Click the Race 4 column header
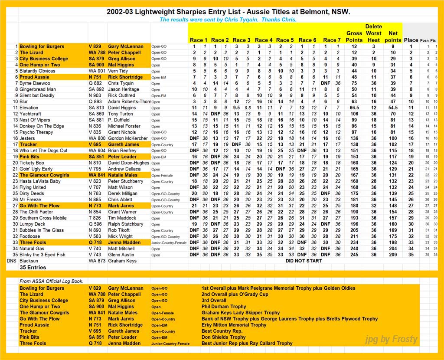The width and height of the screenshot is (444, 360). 264,40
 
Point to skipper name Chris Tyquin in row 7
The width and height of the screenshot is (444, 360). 121,83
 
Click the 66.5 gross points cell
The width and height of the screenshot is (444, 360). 354,108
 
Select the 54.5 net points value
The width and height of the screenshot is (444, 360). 393,108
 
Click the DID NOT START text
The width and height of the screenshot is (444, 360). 304,261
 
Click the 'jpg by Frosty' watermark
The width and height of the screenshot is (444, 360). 392,339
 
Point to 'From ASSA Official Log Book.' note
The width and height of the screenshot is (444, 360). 51,281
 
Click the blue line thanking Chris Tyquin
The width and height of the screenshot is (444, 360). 228,20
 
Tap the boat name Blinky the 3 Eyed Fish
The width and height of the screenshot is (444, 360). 42,255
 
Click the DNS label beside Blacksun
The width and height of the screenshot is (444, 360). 12,261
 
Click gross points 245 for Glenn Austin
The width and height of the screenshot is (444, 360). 354,255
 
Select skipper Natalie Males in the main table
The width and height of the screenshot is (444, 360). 123,175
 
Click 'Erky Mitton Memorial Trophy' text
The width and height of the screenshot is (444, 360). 234,325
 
